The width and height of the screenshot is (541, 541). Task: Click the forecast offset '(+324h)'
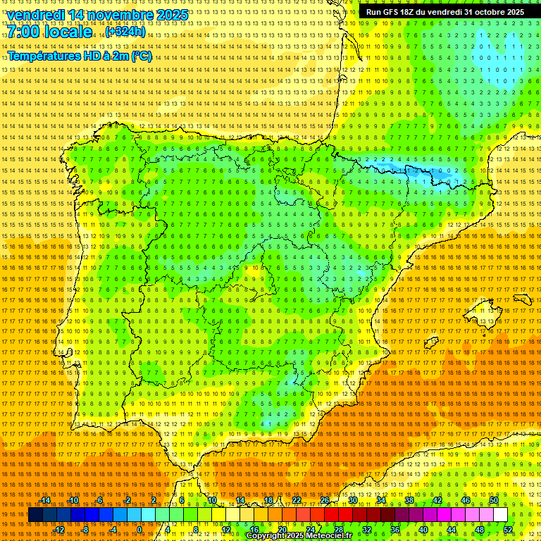point(125,32)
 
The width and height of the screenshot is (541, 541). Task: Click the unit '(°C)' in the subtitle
point(141,56)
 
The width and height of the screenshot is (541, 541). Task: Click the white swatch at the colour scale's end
point(500,515)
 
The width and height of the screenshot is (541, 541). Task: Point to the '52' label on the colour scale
point(508,530)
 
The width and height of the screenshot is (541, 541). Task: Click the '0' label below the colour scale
point(140,530)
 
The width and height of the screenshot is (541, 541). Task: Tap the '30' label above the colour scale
point(352,500)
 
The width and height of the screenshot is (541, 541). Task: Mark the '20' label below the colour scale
point(282,530)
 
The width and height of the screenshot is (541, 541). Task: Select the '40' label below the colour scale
point(423,530)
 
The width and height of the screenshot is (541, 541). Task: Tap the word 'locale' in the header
point(67,32)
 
